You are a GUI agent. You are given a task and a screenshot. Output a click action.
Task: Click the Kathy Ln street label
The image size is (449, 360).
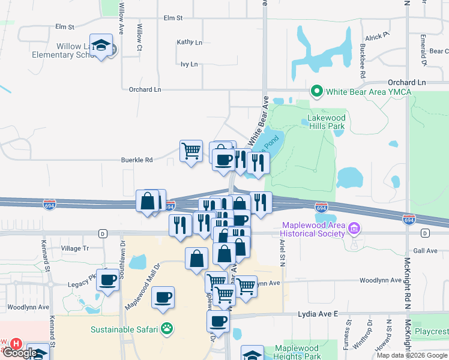189,42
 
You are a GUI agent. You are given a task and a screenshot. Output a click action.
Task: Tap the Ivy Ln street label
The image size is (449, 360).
189,64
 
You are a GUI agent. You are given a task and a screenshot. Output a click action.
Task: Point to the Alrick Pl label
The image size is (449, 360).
377,37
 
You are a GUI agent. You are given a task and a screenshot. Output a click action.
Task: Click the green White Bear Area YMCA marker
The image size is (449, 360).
316,92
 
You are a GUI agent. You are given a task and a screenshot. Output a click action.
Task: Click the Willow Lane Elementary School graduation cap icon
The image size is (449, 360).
101,45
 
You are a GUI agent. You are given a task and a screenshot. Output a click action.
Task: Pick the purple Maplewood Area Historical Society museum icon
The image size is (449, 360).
354,229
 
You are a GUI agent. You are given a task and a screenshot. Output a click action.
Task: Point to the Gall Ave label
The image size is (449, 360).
426,251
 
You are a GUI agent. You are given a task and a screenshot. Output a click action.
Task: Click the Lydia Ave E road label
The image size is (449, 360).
319,314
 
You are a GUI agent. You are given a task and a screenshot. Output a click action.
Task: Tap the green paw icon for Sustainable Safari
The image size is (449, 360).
166,329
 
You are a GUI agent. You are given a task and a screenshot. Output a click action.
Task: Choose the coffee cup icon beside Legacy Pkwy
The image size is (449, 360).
108,280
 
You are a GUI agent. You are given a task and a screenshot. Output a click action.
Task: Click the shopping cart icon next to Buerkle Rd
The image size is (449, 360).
191,151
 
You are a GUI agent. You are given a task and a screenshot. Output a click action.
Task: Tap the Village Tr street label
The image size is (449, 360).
75,248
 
